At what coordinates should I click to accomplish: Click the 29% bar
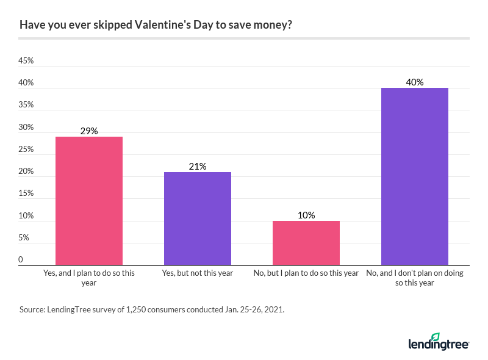[89, 201]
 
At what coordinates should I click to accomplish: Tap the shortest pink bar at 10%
[306, 243]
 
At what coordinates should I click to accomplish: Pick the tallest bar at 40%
[415, 176]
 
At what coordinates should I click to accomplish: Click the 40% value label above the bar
[415, 82]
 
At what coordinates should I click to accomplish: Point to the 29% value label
[89, 131]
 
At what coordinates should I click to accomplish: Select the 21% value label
[198, 166]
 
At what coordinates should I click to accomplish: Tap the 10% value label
[306, 215]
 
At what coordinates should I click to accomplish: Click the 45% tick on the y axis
[26, 61]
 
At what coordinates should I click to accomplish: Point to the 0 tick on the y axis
[21, 260]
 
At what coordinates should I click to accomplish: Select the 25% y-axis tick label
[26, 149]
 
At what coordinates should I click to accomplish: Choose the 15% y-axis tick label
[26, 193]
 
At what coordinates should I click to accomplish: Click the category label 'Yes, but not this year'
[198, 273]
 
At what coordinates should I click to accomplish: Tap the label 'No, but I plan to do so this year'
[306, 273]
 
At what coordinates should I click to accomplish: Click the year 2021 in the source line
[272, 309]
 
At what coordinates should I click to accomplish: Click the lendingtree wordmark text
[438, 345]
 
